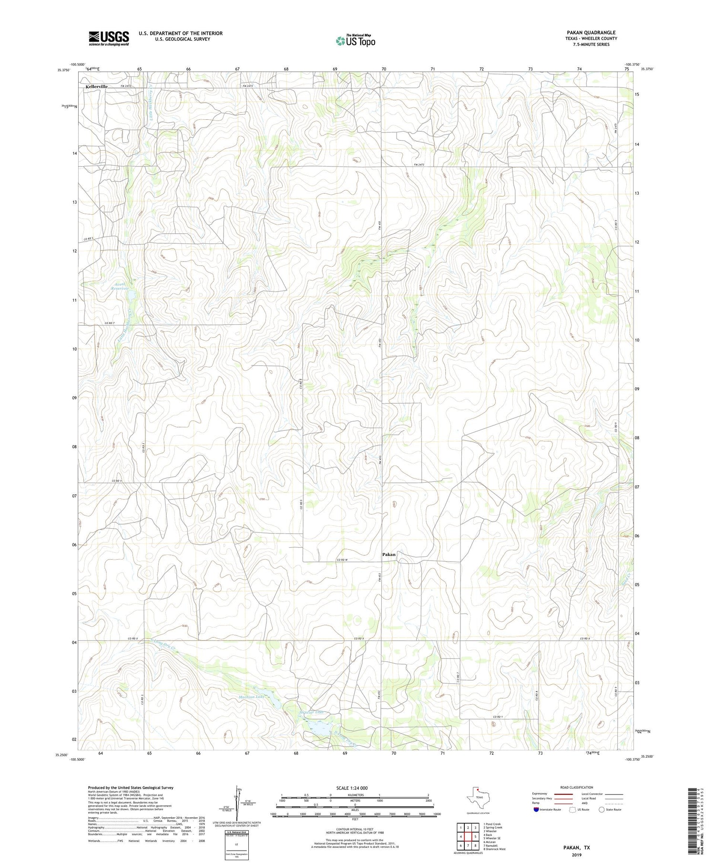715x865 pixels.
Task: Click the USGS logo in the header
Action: [x=109, y=38]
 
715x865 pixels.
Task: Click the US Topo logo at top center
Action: [x=355, y=41]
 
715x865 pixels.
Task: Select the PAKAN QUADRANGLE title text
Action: [x=591, y=32]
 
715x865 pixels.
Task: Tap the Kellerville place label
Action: [x=97, y=86]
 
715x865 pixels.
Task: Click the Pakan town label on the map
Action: [x=388, y=554]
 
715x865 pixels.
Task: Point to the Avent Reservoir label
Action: [x=120, y=286]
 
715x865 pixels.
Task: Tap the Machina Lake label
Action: [x=251, y=697]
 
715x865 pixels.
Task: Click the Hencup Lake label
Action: [x=312, y=712]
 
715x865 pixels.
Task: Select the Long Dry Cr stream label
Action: [x=163, y=645]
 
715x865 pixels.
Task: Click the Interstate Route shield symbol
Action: [x=537, y=809]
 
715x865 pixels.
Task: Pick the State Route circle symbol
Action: [x=602, y=809]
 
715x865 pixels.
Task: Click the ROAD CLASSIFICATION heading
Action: [x=576, y=787]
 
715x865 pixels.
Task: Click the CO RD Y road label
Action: [x=498, y=717]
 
